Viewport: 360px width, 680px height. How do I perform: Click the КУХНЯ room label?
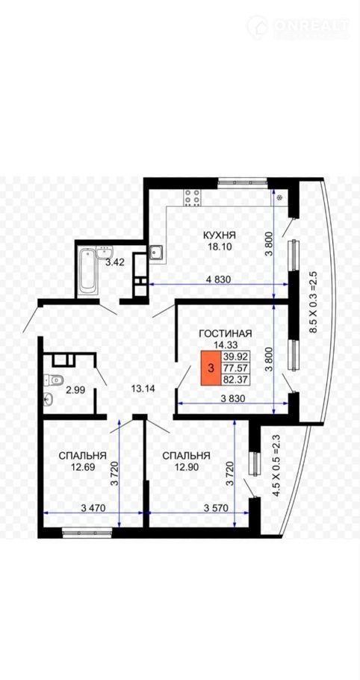click(219, 235)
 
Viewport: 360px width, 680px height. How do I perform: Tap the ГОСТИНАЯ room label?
click(226, 333)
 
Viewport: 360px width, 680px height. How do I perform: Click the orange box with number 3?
click(211, 368)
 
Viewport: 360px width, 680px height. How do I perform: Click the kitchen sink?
click(156, 253)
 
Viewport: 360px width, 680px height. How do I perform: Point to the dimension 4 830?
click(218, 279)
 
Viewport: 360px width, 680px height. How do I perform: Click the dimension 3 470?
click(93, 508)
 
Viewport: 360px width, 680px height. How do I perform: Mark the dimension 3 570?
click(216, 508)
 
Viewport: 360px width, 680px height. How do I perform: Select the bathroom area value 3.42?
click(115, 262)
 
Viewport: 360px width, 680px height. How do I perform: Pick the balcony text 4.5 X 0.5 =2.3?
click(276, 466)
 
